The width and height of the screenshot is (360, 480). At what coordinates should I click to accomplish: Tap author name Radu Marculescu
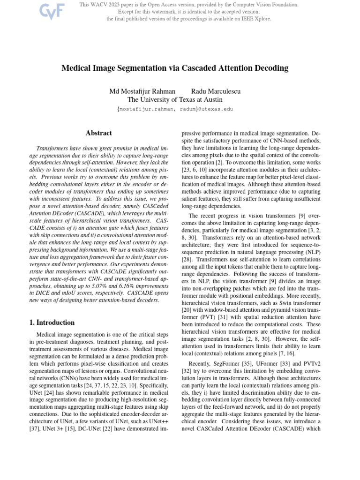point(216,91)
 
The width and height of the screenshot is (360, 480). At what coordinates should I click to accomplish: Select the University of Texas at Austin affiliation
point(175,99)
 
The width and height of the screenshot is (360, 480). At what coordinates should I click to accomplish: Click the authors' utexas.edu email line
point(175,109)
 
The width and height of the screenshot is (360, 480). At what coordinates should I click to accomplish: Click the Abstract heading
point(99,133)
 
